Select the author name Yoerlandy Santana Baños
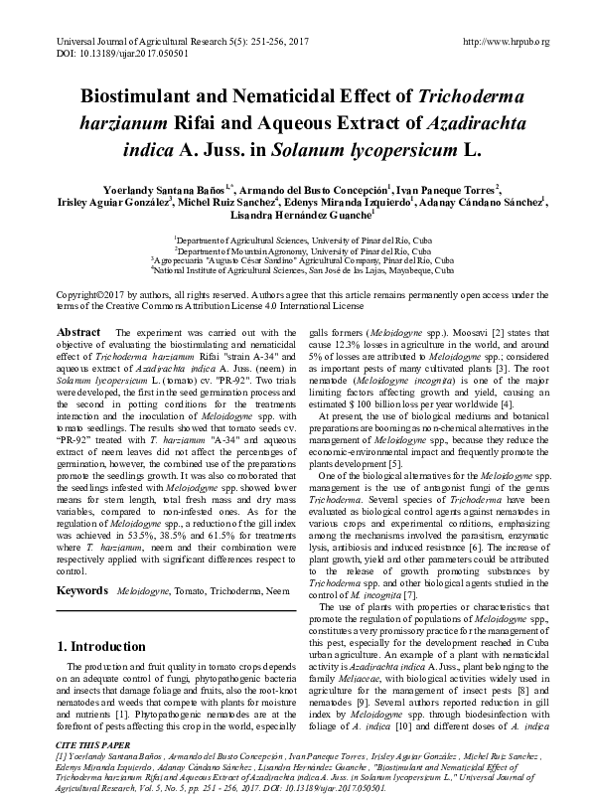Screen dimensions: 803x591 [151, 190]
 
